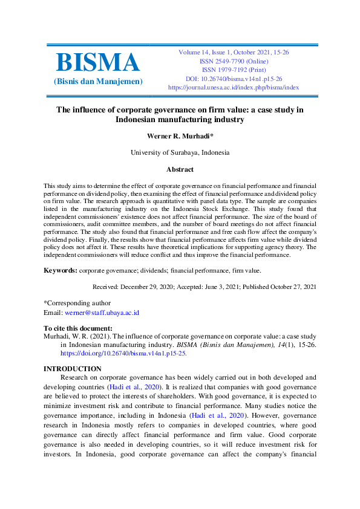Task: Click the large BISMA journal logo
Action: click(97, 63)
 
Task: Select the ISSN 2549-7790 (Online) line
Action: click(233, 61)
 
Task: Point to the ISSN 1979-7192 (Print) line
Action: click(233, 70)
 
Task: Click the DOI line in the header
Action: click(233, 79)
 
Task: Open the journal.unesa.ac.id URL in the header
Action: click(233, 87)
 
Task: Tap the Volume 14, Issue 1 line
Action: click(233, 53)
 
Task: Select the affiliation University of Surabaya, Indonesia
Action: click(180, 152)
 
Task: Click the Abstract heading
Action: click(180, 170)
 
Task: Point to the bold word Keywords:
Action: click(61, 270)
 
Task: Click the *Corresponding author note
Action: click(77, 302)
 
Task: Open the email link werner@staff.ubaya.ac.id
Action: click(102, 313)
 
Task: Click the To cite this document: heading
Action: click(77, 328)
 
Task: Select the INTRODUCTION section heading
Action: click(73, 368)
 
